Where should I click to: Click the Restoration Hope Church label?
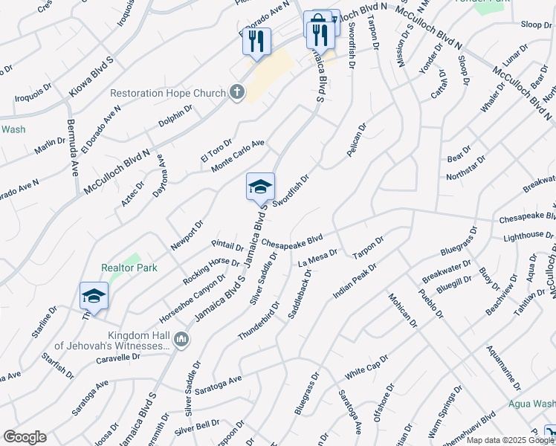coord(168,94)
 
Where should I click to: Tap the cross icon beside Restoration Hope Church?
coord(236,93)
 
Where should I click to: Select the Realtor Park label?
coord(120,268)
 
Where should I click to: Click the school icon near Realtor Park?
coord(94,296)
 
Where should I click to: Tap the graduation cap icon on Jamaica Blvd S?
coord(260,186)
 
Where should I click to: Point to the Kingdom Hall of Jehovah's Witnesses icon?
coord(181,340)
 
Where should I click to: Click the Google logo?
coord(25,437)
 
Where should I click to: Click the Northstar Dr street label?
coord(466,168)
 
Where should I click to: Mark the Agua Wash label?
coord(532,404)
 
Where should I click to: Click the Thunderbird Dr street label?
coord(258,320)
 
